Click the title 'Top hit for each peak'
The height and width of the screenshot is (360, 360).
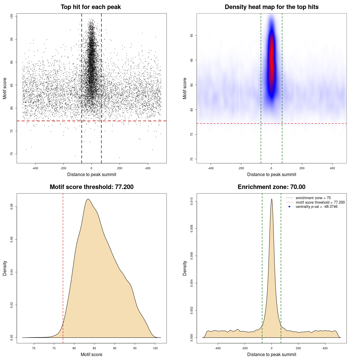click(x=91, y=7)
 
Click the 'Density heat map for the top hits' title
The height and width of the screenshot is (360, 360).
click(x=271, y=7)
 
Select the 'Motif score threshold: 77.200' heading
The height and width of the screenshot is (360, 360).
click(x=91, y=187)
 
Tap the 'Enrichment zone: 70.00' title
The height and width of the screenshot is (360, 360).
click(x=271, y=187)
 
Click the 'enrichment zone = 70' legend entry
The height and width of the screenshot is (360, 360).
click(x=313, y=198)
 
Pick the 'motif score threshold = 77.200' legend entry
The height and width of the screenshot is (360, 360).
click(x=320, y=202)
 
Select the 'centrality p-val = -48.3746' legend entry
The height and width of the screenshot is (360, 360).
click(x=316, y=207)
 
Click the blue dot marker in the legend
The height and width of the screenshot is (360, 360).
click(x=289, y=207)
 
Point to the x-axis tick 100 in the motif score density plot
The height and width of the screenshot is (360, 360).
click(x=155, y=348)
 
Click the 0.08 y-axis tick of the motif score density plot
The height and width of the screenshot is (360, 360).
click(x=12, y=207)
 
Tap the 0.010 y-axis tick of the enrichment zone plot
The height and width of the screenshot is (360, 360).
click(x=192, y=201)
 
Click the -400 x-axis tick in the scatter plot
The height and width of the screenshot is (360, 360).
click(x=35, y=168)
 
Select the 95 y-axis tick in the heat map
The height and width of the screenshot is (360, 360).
click(x=192, y=35)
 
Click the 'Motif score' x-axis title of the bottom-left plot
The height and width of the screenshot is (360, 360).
click(x=91, y=354)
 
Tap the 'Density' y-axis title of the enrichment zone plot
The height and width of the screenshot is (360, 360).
click(x=185, y=268)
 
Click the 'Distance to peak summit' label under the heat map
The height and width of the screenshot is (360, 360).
click(x=271, y=174)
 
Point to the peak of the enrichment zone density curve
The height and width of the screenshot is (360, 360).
click(x=271, y=199)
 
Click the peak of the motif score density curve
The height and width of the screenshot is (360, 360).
click(x=88, y=199)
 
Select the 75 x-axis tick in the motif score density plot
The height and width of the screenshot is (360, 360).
click(x=54, y=348)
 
